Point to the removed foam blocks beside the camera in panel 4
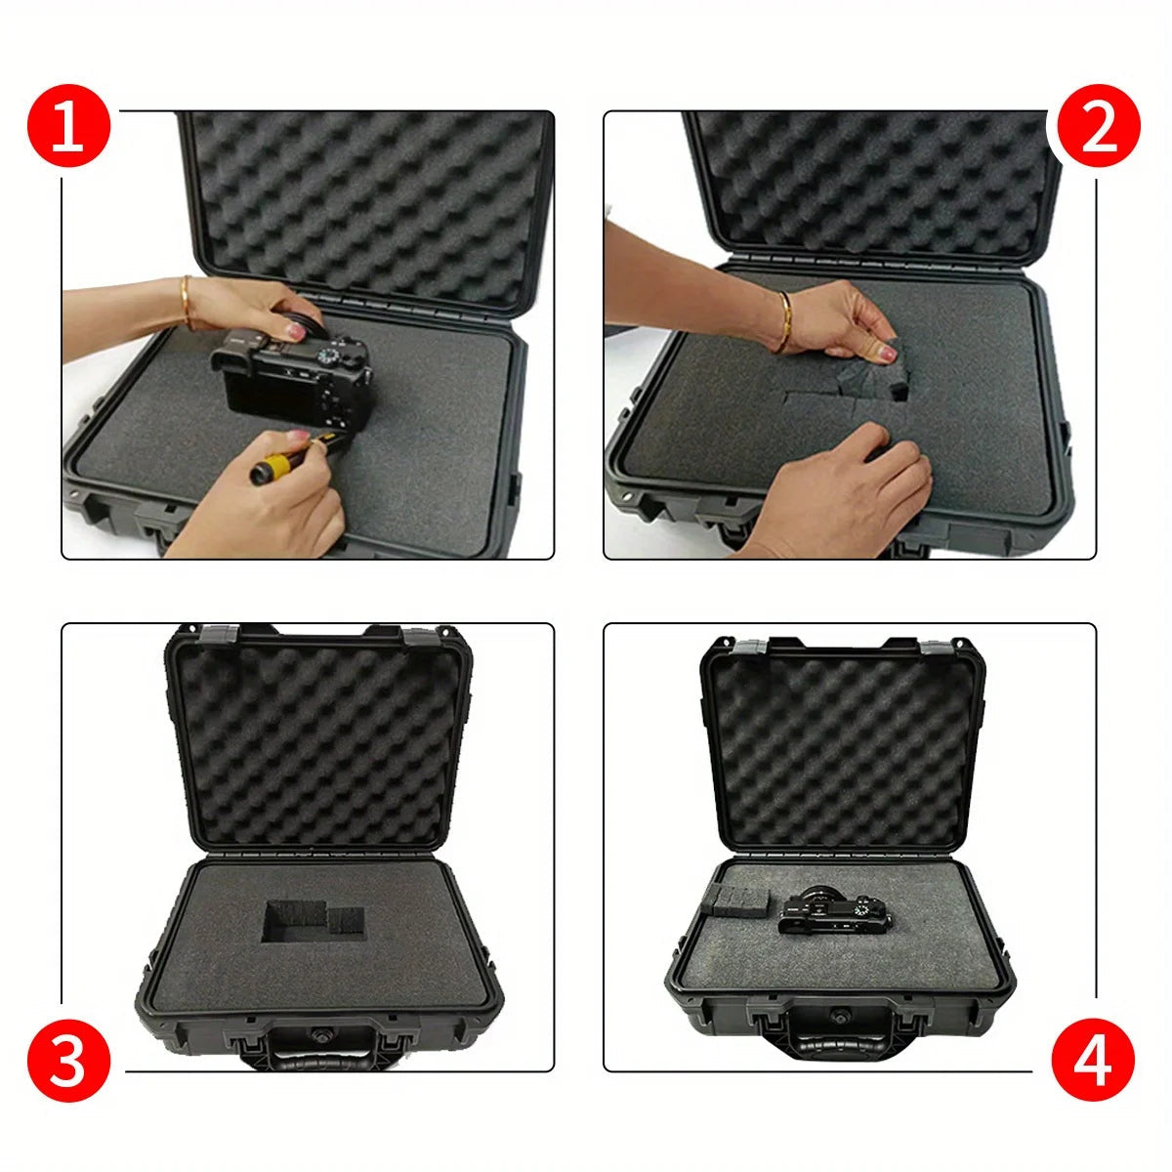(x=734, y=900)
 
